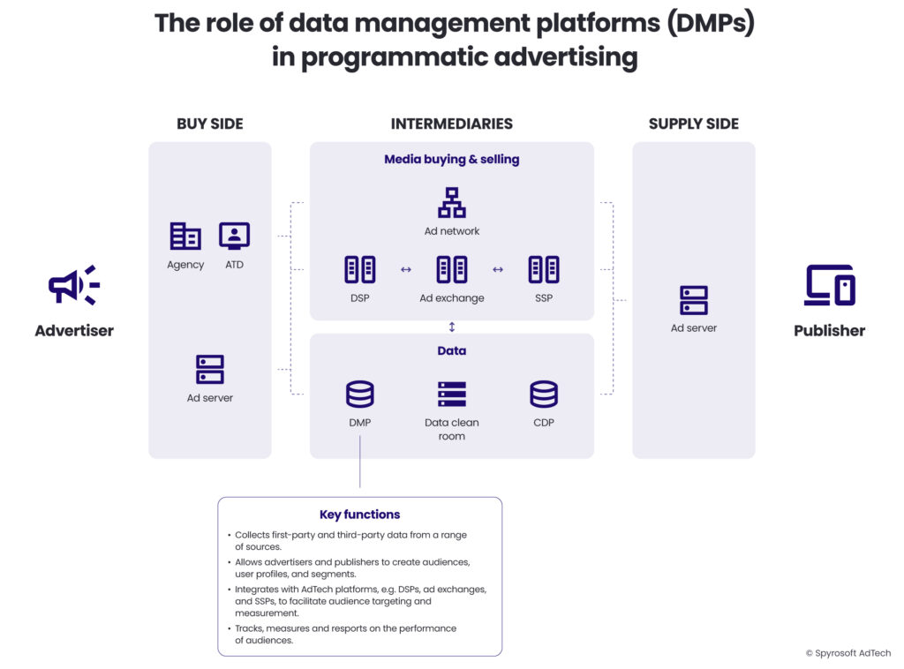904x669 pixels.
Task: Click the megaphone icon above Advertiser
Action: click(x=73, y=285)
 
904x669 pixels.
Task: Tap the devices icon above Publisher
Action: click(x=829, y=285)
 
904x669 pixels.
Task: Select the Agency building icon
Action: click(x=185, y=237)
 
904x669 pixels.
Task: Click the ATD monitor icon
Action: click(x=234, y=236)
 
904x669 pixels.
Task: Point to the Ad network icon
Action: click(x=452, y=203)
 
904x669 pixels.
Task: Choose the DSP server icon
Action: click(x=359, y=269)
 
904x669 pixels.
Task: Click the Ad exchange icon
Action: click(x=452, y=269)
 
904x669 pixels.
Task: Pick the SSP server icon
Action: click(x=544, y=269)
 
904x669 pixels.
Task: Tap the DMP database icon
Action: click(x=359, y=394)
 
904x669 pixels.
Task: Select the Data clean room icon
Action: click(x=452, y=394)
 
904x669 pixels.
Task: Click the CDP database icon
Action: click(x=544, y=394)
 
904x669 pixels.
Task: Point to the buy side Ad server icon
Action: click(x=210, y=369)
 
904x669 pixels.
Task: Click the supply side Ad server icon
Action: click(x=694, y=300)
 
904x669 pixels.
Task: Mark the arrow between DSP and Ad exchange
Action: click(x=406, y=270)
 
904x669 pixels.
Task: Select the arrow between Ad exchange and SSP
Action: click(x=498, y=270)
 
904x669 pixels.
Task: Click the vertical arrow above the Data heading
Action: click(x=452, y=327)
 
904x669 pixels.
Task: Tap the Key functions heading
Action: click(x=359, y=515)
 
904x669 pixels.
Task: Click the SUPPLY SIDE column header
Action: click(x=694, y=124)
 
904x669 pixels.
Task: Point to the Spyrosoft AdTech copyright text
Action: click(x=847, y=653)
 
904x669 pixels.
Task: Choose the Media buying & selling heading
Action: click(x=452, y=160)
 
